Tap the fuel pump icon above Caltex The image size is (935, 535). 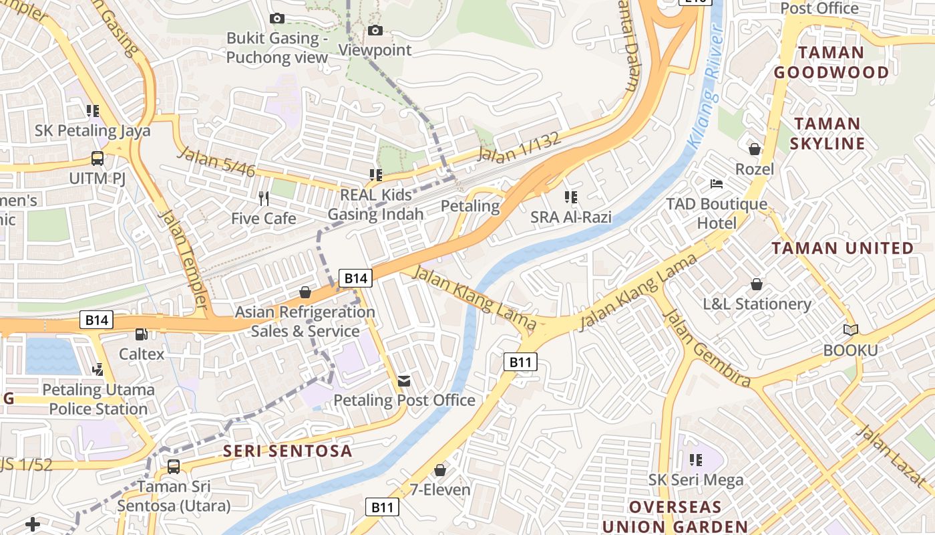[x=141, y=334]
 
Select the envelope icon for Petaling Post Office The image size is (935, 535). [x=404, y=381]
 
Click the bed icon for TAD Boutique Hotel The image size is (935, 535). [x=717, y=184]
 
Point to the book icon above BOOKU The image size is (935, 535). [x=850, y=330]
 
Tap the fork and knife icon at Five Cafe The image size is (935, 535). [x=264, y=198]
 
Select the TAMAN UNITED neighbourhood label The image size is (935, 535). [x=843, y=248]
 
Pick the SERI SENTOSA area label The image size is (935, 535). [x=287, y=451]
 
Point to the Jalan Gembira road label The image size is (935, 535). [x=708, y=349]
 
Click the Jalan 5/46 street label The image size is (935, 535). [x=217, y=163]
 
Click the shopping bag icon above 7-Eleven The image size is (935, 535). [x=439, y=470]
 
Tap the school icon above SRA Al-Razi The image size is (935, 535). [x=570, y=197]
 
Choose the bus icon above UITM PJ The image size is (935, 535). [x=98, y=158]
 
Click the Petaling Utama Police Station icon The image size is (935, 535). [x=98, y=368]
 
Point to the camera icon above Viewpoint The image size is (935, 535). [x=375, y=30]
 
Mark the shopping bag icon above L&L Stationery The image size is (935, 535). [x=756, y=284]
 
